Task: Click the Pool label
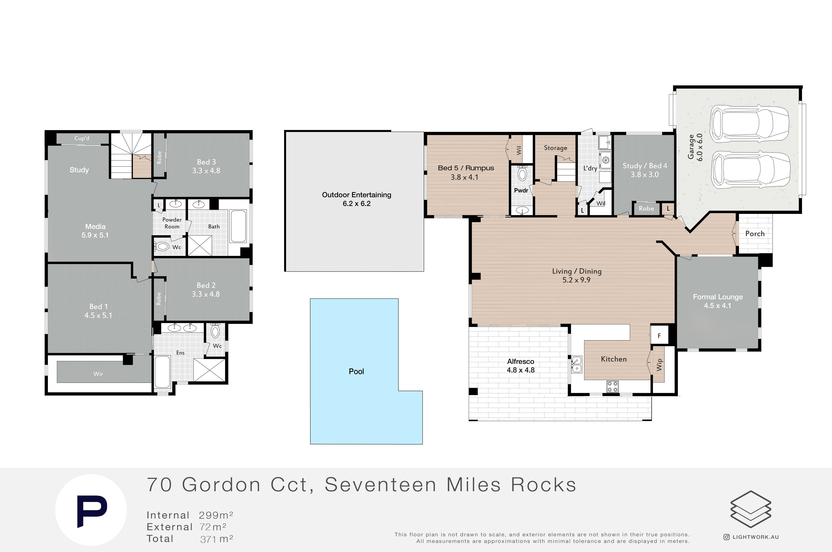click(356, 371)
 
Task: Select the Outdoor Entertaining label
click(356, 195)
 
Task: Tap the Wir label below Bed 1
click(98, 374)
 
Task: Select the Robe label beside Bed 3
click(159, 157)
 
